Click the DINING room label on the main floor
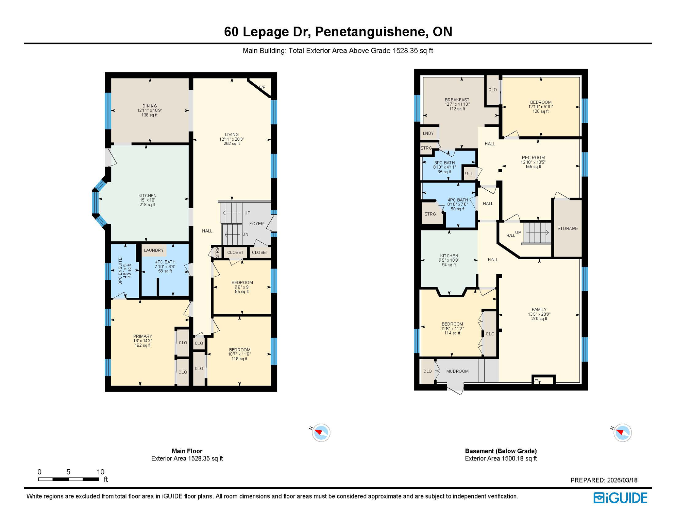[150, 106]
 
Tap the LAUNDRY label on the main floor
[154, 250]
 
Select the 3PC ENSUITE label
[120, 271]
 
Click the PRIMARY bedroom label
[142, 336]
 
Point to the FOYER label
[256, 224]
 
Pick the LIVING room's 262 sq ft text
[232, 144]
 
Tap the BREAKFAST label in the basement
[457, 100]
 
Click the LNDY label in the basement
[428, 134]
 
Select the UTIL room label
[469, 174]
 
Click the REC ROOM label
[533, 158]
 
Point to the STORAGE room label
[568, 229]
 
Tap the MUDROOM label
[457, 371]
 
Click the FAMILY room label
[539, 310]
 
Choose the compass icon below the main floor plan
[321, 433]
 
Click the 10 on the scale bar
[100, 472]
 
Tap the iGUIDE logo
[620, 498]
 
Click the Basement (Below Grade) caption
[501, 451]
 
